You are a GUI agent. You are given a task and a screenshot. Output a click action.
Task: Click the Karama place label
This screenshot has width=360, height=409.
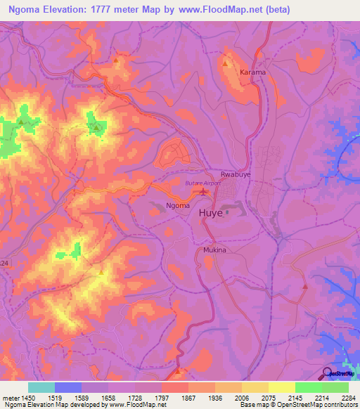(x=252, y=72)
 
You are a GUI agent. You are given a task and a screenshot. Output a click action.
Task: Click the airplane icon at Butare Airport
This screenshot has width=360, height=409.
(x=204, y=191)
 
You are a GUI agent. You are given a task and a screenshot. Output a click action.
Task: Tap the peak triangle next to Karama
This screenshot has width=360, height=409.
(x=225, y=63)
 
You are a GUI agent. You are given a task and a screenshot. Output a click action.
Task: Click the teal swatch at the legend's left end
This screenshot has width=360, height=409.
(x=41, y=387)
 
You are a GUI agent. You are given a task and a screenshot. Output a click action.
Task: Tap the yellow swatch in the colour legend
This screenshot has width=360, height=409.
(x=281, y=387)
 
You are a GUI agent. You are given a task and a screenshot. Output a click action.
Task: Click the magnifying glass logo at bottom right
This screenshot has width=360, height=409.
(x=328, y=373)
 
